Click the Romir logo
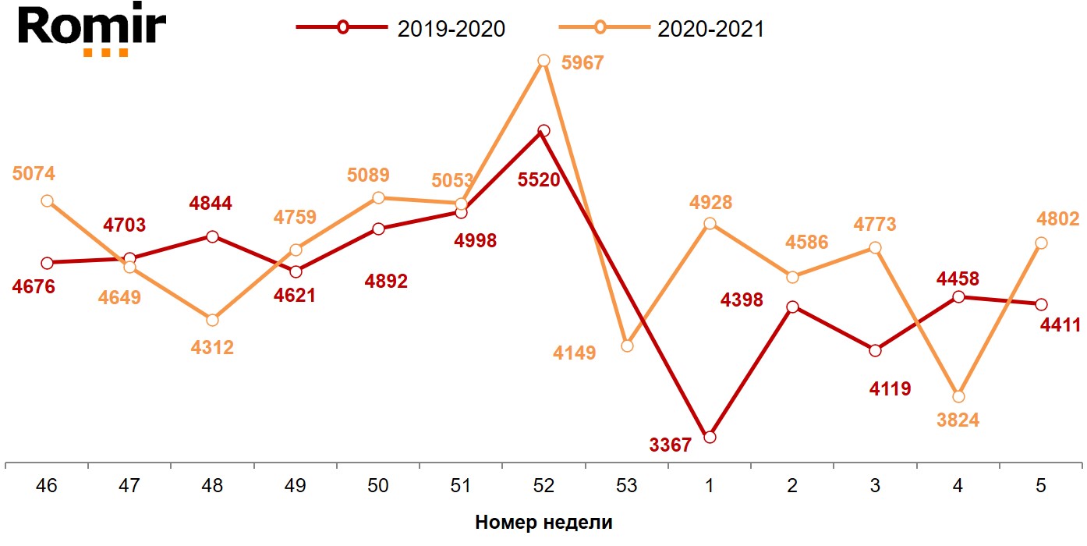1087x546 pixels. point(92,30)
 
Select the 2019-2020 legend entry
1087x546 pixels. point(401,28)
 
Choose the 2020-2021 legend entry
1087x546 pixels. point(662,28)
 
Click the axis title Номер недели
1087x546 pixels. point(543,523)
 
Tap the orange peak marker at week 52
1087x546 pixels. point(544,61)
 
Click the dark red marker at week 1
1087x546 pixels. point(710,437)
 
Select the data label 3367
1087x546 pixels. point(670,445)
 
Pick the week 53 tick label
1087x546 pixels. point(626,486)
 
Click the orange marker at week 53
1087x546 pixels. point(627,346)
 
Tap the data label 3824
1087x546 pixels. point(958,420)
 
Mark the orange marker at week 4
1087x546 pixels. point(958,396)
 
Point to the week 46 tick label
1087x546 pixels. point(47,486)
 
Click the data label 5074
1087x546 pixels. point(34,173)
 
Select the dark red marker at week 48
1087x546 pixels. point(212,236)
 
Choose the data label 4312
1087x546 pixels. point(212,348)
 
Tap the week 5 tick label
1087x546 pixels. point(1041,486)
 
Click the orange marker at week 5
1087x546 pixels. point(1041,243)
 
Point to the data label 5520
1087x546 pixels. point(539,180)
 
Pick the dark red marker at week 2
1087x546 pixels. point(792,307)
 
